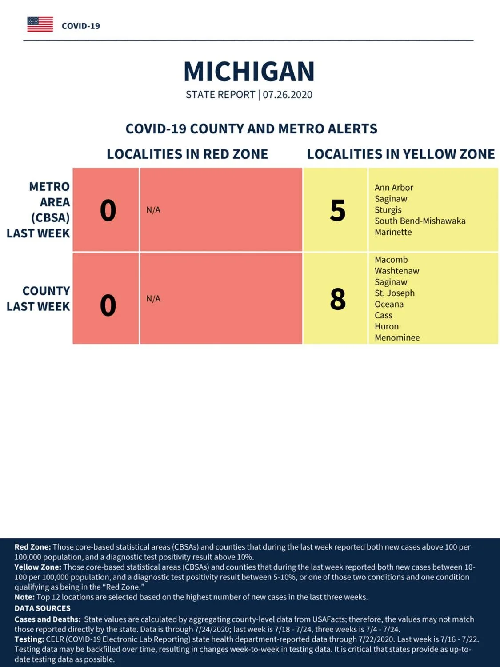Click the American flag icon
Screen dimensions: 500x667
tap(40, 24)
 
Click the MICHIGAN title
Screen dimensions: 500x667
tap(249, 72)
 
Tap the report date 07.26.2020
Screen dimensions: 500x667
tap(288, 95)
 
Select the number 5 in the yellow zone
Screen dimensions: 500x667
tap(338, 210)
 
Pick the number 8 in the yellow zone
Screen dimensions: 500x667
tap(338, 299)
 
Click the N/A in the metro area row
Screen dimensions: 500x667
tap(153, 210)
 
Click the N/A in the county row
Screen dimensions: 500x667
tap(153, 298)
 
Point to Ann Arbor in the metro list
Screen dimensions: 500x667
tap(394, 187)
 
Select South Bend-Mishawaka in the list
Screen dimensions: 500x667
tap(420, 221)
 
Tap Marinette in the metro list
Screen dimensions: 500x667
tap(393, 232)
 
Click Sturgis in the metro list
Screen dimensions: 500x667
tap(388, 210)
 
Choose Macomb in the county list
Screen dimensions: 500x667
tap(391, 260)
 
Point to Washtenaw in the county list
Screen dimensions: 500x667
tap(397, 270)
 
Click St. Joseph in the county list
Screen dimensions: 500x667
tap(394, 293)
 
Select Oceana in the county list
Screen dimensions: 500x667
tap(389, 304)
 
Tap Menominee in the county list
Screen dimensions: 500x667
tap(397, 338)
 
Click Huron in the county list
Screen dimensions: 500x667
tap(387, 326)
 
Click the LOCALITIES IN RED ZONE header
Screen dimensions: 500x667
tap(187, 154)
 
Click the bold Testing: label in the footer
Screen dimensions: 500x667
tap(29, 639)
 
